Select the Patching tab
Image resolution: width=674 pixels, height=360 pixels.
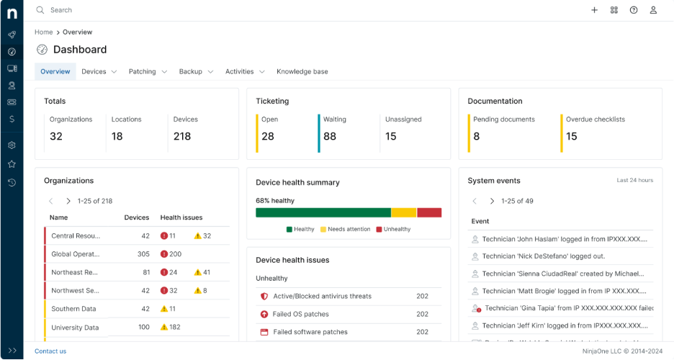point(142,71)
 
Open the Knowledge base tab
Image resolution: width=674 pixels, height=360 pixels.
point(302,71)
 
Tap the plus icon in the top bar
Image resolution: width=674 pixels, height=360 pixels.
point(594,10)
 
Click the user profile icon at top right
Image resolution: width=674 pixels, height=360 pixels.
point(653,10)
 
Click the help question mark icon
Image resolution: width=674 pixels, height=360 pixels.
point(634,10)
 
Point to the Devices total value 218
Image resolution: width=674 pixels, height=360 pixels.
point(182,136)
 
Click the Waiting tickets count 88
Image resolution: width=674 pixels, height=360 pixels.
point(330,136)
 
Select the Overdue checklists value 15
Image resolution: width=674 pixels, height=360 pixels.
point(572,136)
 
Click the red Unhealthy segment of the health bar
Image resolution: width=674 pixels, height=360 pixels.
point(429,212)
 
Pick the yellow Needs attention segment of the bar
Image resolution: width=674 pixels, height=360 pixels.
point(404,212)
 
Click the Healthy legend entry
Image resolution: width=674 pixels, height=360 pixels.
point(300,229)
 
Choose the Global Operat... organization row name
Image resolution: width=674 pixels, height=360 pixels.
point(76,254)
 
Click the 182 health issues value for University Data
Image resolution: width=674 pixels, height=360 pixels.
point(174,328)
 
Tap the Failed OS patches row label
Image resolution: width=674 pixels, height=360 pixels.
point(300,314)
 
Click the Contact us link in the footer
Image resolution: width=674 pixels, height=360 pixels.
point(50,351)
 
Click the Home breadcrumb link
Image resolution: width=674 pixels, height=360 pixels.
point(43,32)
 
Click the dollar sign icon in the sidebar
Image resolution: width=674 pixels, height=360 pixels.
point(12,119)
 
